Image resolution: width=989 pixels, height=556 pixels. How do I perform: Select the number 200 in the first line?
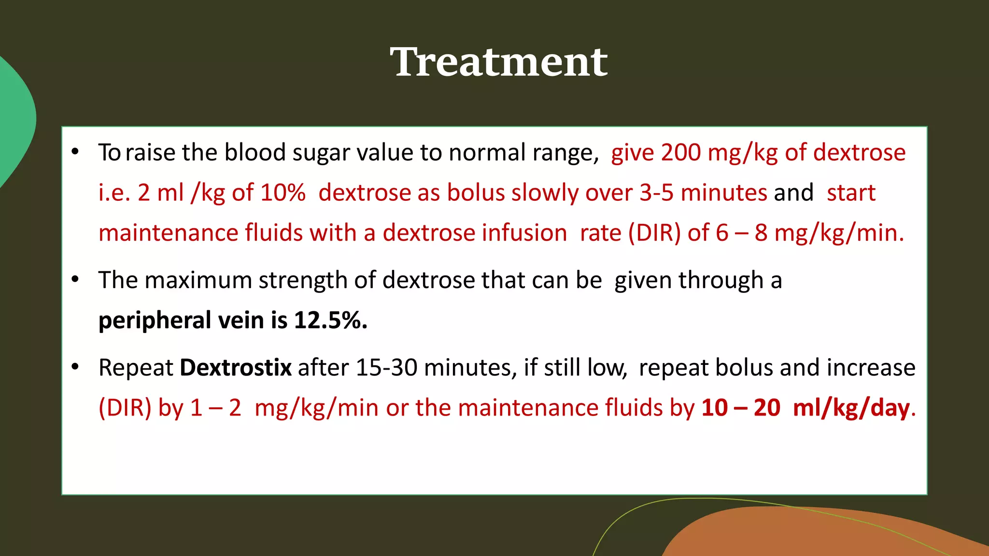(x=681, y=153)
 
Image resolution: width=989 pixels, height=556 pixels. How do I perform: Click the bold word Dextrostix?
(x=236, y=368)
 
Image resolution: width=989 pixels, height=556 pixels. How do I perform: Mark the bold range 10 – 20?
(x=741, y=408)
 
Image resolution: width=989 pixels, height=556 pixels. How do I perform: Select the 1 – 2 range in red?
(x=215, y=408)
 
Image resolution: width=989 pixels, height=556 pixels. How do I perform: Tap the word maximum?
(x=199, y=280)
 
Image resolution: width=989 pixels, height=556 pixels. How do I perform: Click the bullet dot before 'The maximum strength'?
(x=75, y=279)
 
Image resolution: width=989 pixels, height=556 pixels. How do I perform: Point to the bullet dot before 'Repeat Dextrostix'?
(x=75, y=367)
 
